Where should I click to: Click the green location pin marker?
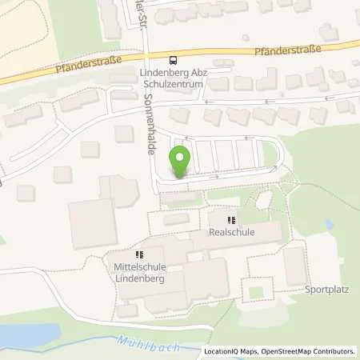pyautogui.click(x=181, y=163)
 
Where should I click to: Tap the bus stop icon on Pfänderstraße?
pyautogui.click(x=171, y=59)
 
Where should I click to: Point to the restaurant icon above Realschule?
pyautogui.click(x=231, y=218)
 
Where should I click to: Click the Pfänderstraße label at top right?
pyautogui.click(x=293, y=51)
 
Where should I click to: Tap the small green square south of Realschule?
pyautogui.click(x=256, y=292)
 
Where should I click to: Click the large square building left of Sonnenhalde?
pyautogui.click(x=93, y=223)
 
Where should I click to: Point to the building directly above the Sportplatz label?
pyautogui.click(x=295, y=266)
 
